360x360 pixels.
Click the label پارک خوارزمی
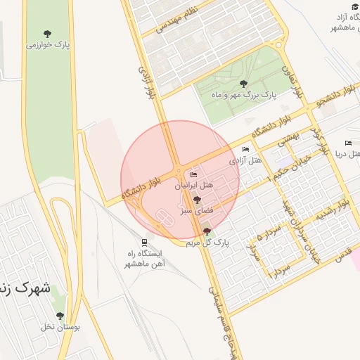click(46, 45)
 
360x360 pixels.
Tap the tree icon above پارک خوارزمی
click(47, 34)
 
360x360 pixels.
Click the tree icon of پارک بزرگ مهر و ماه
click(243, 83)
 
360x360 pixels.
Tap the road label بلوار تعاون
click(292, 79)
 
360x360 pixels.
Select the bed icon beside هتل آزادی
click(245, 150)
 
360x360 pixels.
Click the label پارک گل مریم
click(208, 243)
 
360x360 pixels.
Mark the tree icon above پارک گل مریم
click(206, 231)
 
